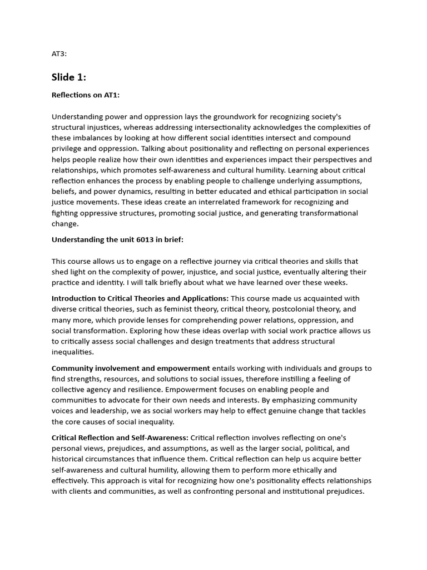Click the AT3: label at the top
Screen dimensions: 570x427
coord(59,54)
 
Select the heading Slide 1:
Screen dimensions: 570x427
coord(69,77)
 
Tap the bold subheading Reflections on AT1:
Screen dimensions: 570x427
coord(86,95)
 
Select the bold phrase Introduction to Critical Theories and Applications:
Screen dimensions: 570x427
coord(140,298)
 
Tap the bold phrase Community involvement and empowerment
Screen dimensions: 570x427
coord(131,368)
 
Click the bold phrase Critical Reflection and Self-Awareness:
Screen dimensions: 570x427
coord(120,438)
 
